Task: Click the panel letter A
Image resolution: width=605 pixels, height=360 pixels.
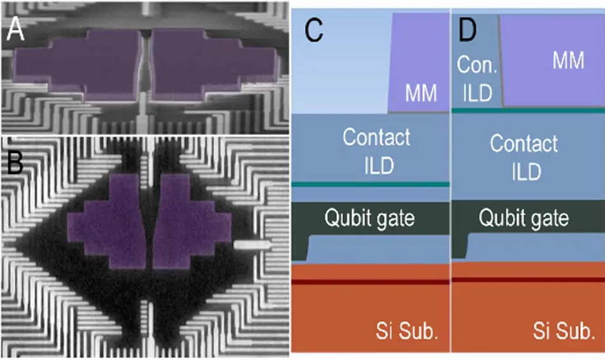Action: tap(15, 29)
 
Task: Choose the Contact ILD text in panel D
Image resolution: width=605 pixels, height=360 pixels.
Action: tap(524, 156)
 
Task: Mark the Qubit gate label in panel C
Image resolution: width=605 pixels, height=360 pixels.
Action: tap(370, 219)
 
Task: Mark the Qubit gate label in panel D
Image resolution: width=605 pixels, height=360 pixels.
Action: tap(523, 219)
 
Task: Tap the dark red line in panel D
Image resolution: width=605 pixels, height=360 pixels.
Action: tap(528, 279)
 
